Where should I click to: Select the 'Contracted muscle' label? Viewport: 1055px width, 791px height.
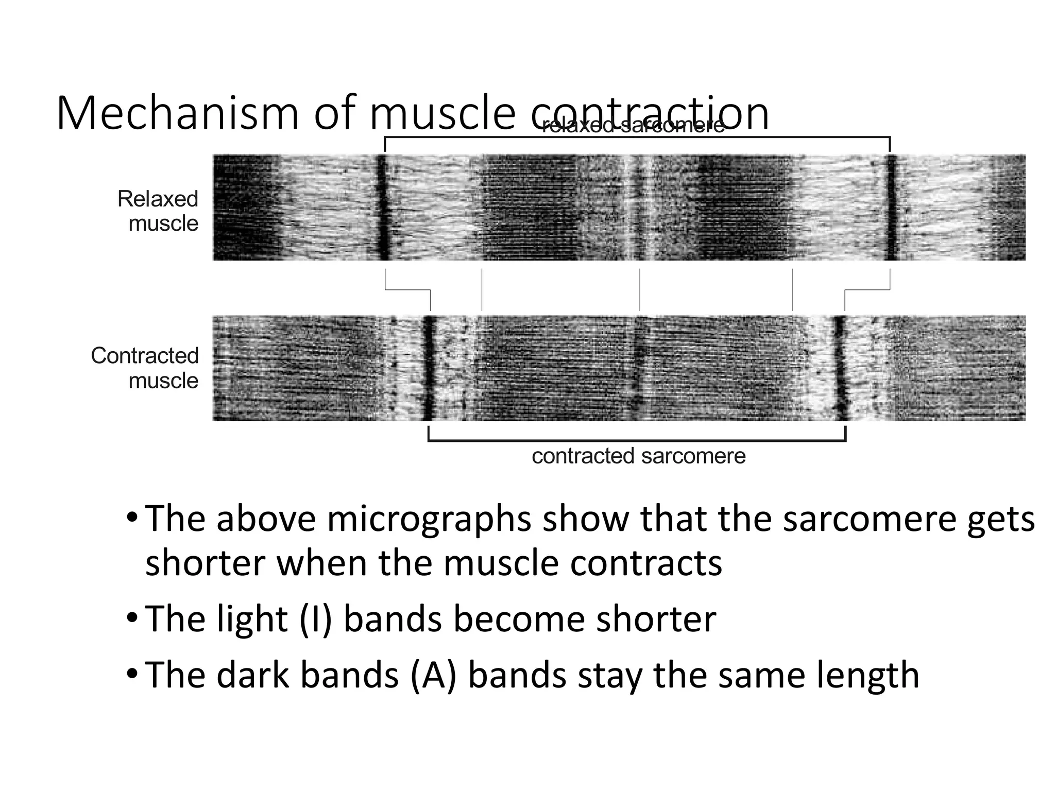pos(145,368)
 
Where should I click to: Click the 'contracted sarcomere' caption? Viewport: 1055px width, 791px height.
pos(638,456)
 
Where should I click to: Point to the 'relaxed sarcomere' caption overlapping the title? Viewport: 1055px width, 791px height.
pos(633,126)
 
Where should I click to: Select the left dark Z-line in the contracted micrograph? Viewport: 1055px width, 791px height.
pos(429,368)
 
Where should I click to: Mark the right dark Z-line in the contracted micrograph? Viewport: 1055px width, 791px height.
pos(840,368)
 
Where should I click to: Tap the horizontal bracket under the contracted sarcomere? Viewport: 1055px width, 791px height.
pos(637,440)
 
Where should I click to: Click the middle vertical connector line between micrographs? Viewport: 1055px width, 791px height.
pos(639,289)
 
